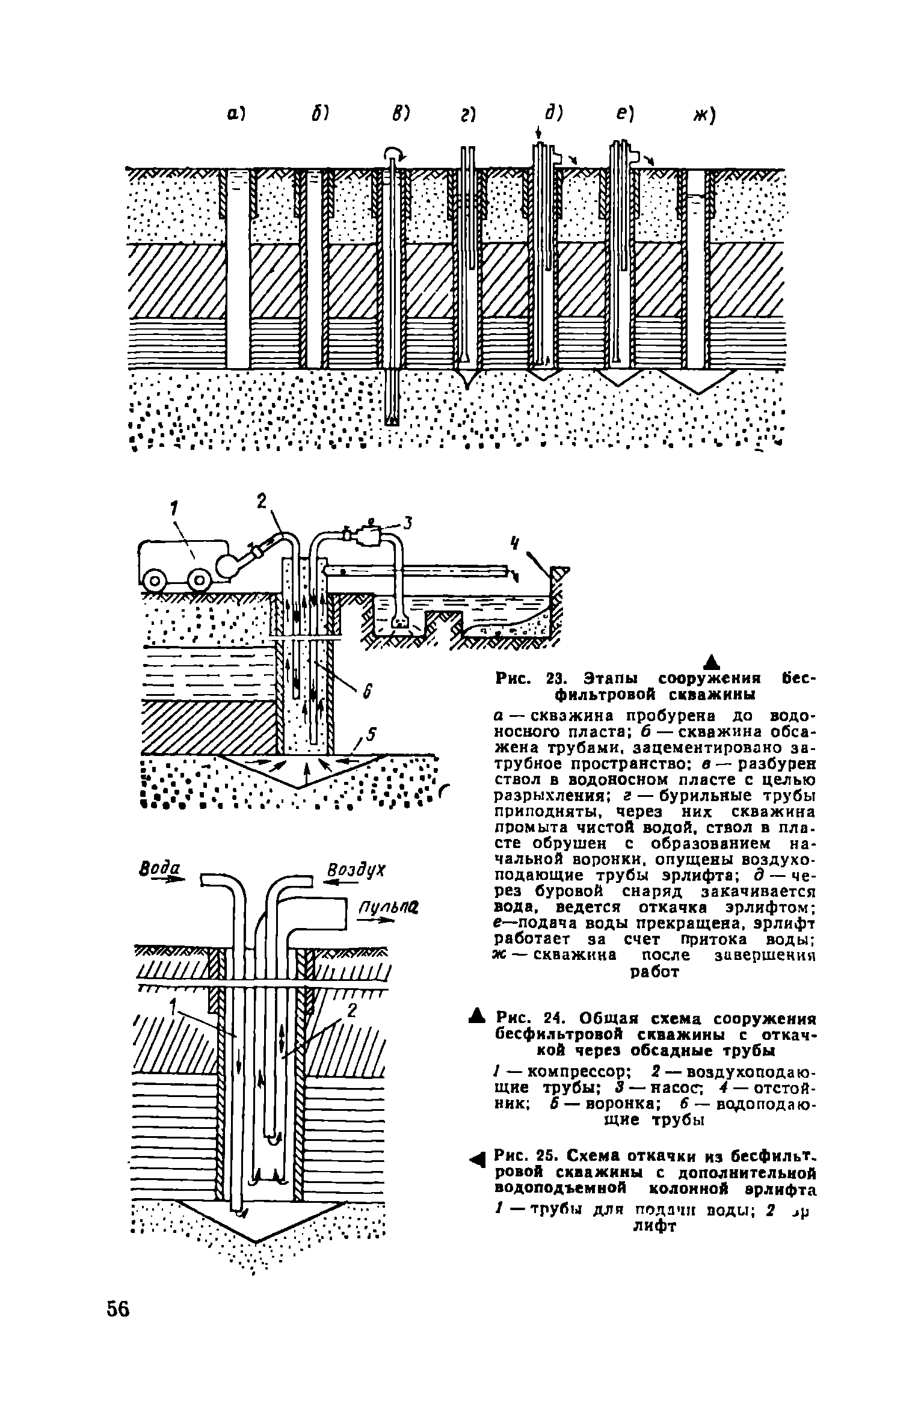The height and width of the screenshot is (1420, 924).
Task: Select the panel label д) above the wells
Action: [553, 114]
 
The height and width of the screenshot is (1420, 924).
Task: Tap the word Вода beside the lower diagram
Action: [152, 870]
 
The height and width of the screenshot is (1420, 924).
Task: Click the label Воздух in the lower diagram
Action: [356, 870]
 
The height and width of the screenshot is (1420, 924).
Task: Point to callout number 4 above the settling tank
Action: [514, 543]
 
